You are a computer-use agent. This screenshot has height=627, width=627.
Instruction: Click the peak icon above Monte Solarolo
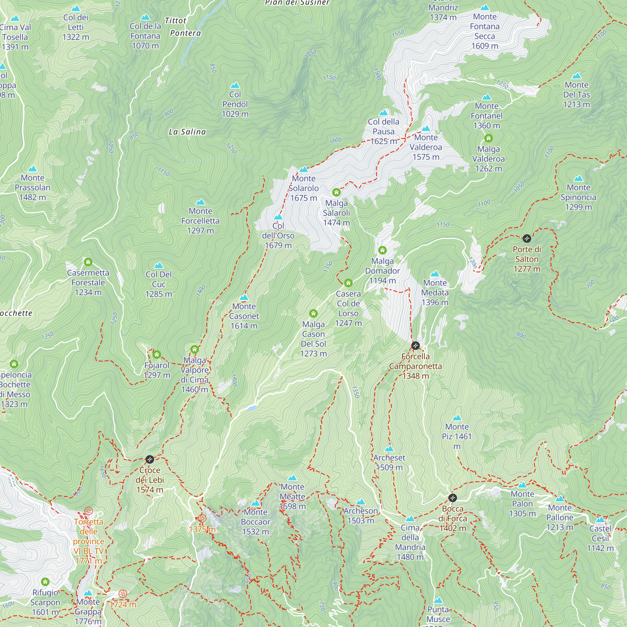point(303,169)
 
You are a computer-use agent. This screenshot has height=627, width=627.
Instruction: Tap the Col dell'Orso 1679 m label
point(278,236)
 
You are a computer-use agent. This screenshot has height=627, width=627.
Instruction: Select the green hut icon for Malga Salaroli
point(336,192)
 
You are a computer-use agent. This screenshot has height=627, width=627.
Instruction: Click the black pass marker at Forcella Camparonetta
point(415,345)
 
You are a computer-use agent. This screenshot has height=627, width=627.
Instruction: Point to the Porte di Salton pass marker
point(527,239)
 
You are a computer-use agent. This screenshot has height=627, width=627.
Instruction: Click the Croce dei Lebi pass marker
point(150,459)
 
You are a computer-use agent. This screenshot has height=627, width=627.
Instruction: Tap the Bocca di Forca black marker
point(452,498)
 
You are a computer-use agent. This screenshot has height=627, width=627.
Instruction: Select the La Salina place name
point(187,132)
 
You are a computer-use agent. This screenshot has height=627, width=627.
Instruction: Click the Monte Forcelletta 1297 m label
point(200,221)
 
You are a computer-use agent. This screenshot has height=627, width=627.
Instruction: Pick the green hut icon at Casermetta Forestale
point(88,262)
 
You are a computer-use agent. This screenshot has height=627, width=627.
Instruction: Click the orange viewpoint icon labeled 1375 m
point(202,519)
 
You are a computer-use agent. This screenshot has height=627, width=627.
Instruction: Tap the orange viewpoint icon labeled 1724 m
point(123,594)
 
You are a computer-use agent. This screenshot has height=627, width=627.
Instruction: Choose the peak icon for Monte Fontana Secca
point(485,8)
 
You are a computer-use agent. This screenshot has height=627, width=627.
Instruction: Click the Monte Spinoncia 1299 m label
point(578,197)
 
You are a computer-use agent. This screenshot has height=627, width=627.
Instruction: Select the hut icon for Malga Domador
point(382,250)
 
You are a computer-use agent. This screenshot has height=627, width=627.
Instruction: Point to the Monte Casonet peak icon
point(244,297)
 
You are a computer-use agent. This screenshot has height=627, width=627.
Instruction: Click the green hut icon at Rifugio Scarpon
point(45,582)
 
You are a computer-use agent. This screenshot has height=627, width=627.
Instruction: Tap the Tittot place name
point(176,21)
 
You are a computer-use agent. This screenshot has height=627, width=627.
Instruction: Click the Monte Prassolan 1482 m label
point(33,187)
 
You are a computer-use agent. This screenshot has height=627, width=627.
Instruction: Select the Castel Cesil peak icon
point(600,519)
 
